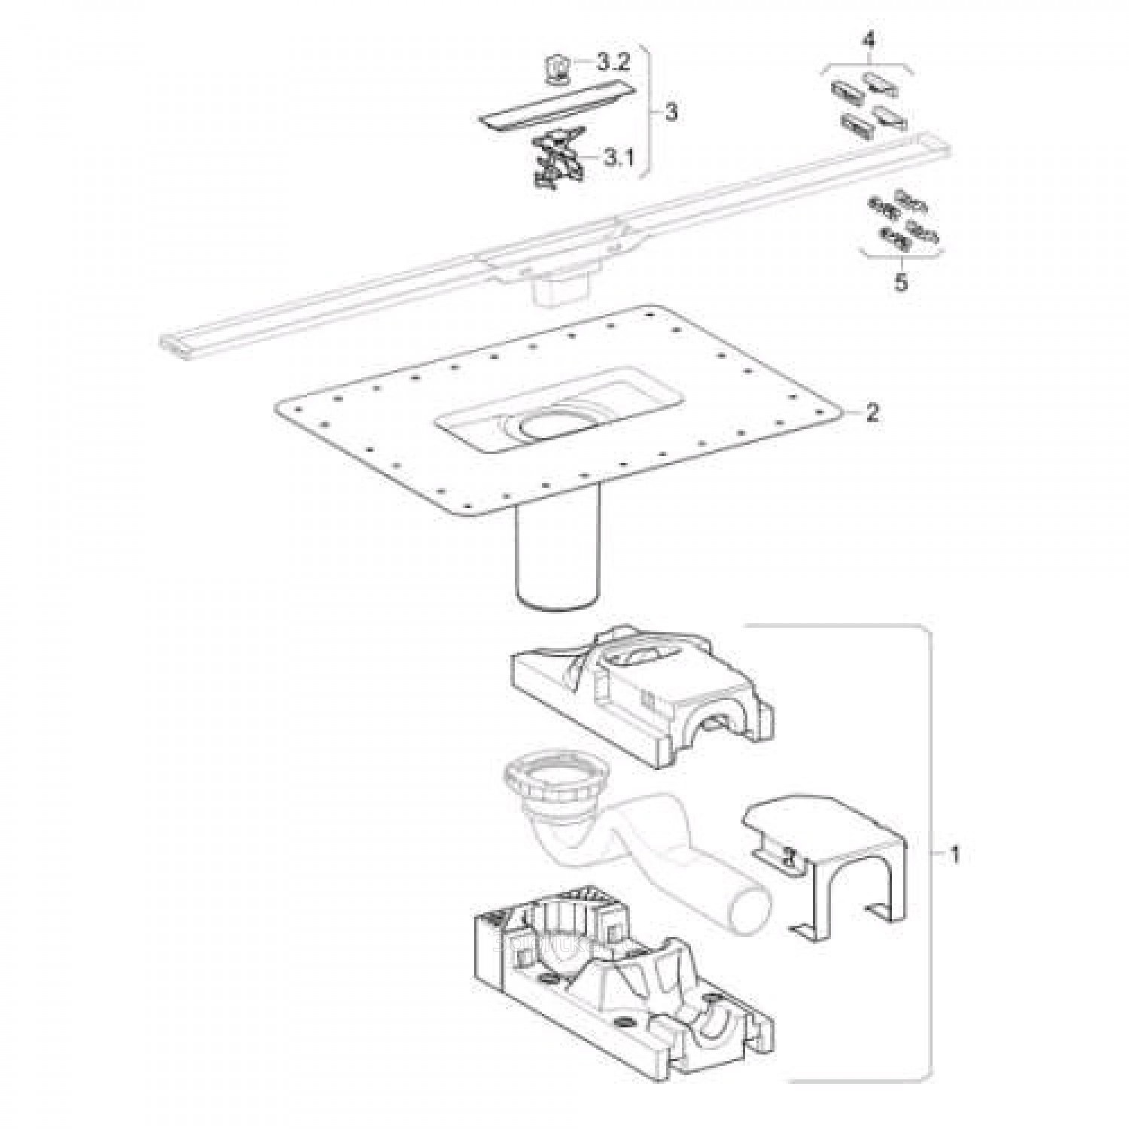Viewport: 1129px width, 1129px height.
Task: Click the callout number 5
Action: [x=901, y=282]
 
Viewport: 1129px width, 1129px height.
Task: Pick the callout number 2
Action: [x=872, y=412]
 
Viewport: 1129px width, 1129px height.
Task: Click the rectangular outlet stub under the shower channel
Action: [x=558, y=288]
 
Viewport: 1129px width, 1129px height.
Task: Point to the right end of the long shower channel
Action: [x=928, y=142]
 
